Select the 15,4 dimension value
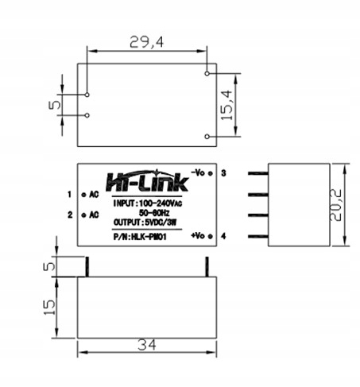(228, 104)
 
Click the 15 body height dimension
(50, 305)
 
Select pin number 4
(225, 237)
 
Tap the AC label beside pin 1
(93, 194)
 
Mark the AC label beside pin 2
(93, 215)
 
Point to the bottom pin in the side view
(257, 236)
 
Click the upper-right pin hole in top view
(207, 74)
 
